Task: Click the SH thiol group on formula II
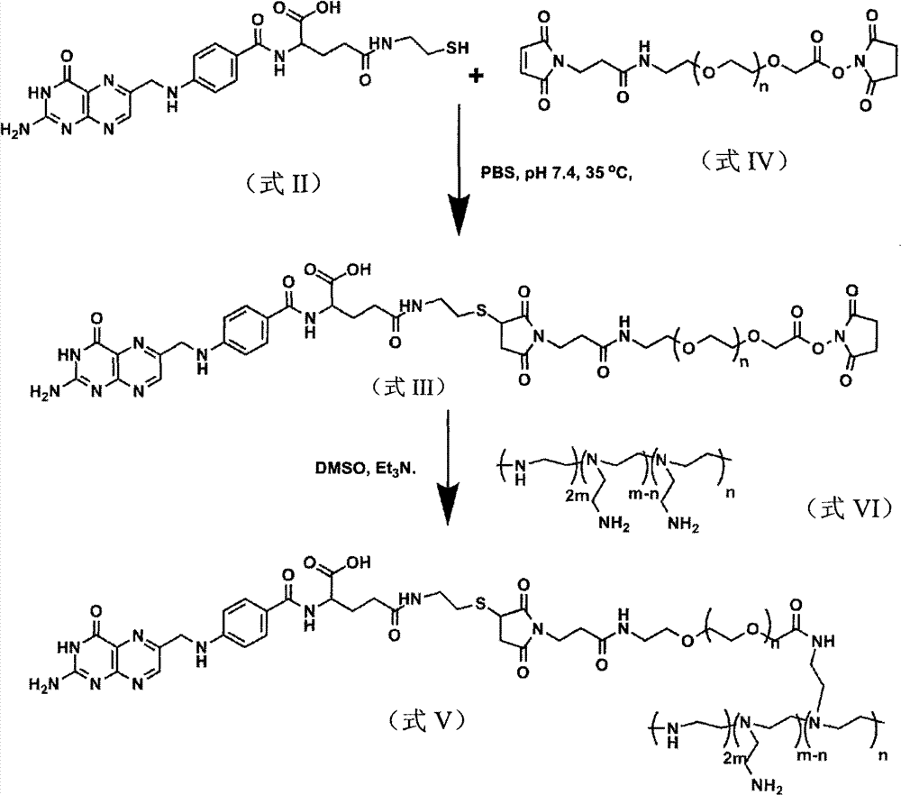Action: pyautogui.click(x=458, y=48)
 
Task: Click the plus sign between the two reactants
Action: pyautogui.click(x=476, y=76)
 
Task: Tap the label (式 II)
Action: pyautogui.click(x=282, y=184)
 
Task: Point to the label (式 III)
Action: pyautogui.click(x=408, y=388)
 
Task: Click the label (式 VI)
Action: pyautogui.click(x=851, y=508)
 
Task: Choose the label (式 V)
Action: pyautogui.click(x=426, y=720)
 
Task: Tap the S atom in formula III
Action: pyautogui.click(x=481, y=312)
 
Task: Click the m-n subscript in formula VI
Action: pyautogui.click(x=642, y=494)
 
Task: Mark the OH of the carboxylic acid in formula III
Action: pyautogui.click(x=359, y=270)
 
